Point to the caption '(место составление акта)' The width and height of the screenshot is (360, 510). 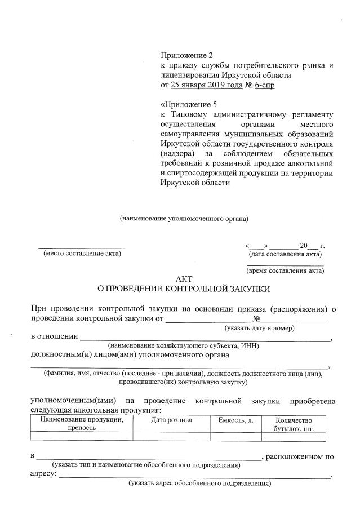pyautogui.click(x=82, y=253)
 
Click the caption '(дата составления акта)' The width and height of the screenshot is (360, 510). pyautogui.click(x=286, y=254)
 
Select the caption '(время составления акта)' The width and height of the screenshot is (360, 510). pyautogui.click(x=286, y=270)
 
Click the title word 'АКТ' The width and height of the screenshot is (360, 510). pyautogui.click(x=184, y=279)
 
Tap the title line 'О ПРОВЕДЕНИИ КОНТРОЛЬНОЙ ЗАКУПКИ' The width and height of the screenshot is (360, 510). pyautogui.click(x=184, y=289)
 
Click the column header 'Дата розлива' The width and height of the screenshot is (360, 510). pyautogui.click(x=171, y=420)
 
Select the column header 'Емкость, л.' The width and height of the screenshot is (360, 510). pyautogui.click(x=235, y=420)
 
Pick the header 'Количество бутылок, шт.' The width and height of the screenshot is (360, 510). pyautogui.click(x=293, y=424)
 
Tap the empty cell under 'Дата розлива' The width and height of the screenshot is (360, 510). pyautogui.click(x=171, y=436)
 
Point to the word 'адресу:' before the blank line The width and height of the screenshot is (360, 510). pyautogui.click(x=43, y=474)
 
